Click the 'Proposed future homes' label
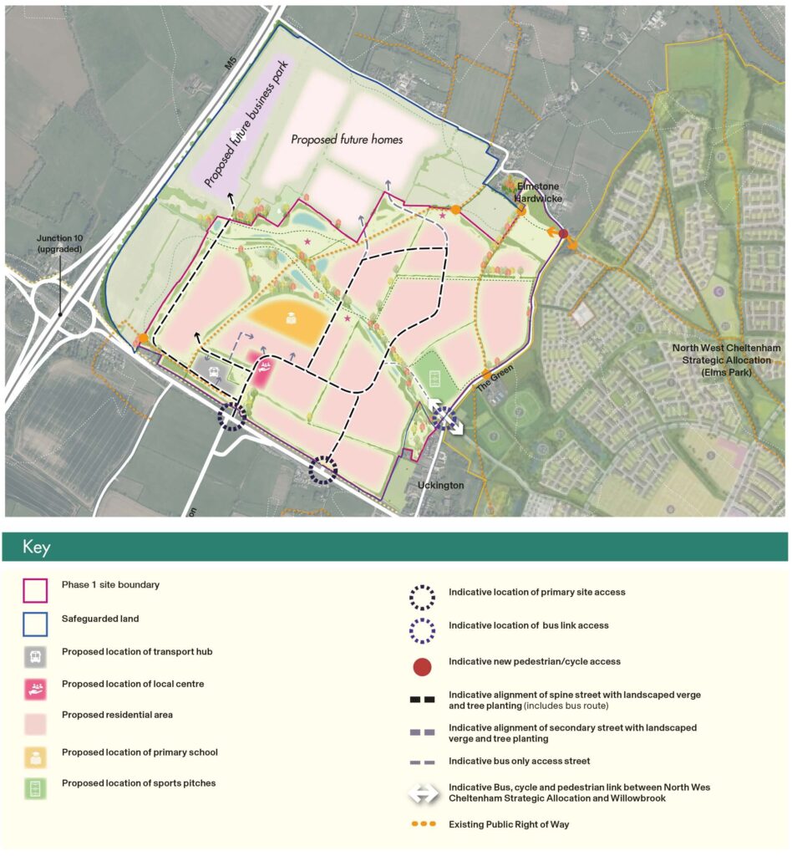pyautogui.click(x=347, y=140)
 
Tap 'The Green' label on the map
pyautogui.click(x=492, y=386)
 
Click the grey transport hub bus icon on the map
pyautogui.click(x=213, y=371)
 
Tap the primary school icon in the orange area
pyautogui.click(x=292, y=318)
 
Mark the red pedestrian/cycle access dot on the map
pyautogui.click(x=564, y=233)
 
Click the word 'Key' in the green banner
pyautogui.click(x=37, y=548)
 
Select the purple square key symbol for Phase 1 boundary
pyautogui.click(x=35, y=591)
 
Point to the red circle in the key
pyautogui.click(x=423, y=666)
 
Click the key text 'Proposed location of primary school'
pyautogui.click(x=140, y=752)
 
